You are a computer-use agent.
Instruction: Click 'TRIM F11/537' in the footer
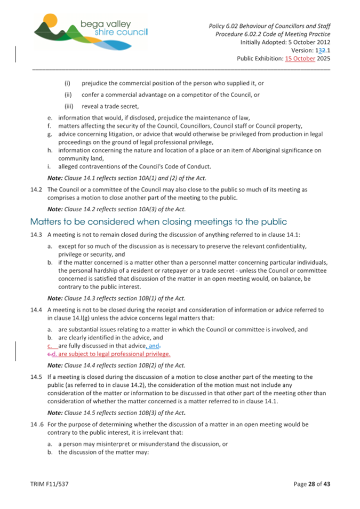click(x=49, y=483)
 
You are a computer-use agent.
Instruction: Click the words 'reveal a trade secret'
click(x=110, y=106)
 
